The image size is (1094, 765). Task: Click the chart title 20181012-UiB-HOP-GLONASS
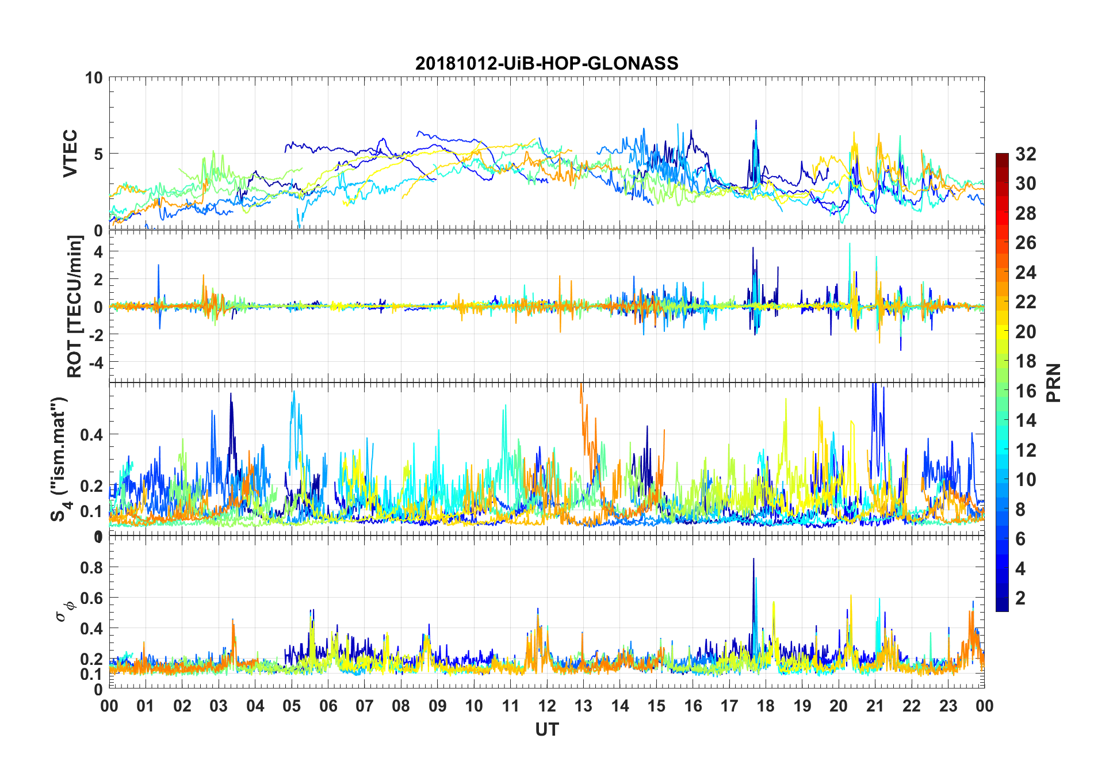pos(546,63)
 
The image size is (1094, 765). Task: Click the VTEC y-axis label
pos(70,154)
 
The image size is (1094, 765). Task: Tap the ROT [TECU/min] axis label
pos(75,307)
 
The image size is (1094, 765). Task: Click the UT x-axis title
pos(546,729)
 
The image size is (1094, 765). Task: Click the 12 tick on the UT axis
pos(547,706)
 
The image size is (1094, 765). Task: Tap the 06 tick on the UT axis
pos(328,706)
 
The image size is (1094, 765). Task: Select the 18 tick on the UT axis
pos(766,706)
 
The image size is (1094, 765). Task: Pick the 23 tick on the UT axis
pos(948,706)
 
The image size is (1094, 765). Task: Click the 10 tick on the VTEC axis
pos(94,78)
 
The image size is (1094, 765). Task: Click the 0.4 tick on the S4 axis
pos(91,435)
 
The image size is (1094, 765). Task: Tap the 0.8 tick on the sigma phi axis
pos(91,567)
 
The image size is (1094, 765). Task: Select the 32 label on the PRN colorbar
pos(1026,154)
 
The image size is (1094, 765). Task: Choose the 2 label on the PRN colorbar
pos(1020,598)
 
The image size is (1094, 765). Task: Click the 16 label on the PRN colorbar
pos(1026,391)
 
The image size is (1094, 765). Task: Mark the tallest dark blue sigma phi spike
pos(753,559)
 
